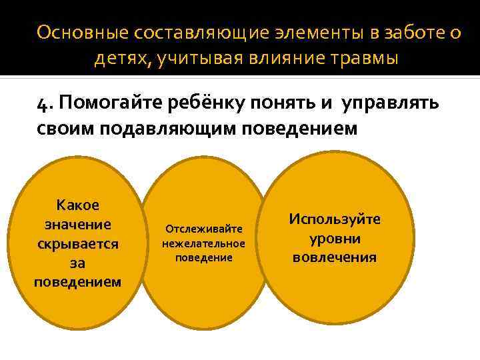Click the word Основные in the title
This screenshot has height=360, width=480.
click(83, 33)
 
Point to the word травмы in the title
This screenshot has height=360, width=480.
click(364, 59)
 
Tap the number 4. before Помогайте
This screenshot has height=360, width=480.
click(45, 103)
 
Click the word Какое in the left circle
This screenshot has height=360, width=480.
click(78, 205)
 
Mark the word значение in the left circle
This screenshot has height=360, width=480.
click(78, 224)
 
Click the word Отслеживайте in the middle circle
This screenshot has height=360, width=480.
click(204, 229)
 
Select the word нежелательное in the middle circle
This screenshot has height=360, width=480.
click(204, 243)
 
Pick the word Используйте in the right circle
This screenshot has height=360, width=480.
click(335, 219)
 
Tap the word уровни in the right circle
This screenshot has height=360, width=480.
click(335, 238)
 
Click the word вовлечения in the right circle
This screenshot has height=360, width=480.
click(335, 257)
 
